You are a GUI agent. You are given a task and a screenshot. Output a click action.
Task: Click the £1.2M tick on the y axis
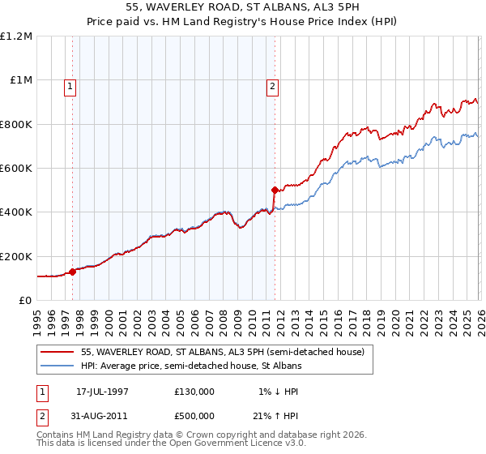(x=16, y=36)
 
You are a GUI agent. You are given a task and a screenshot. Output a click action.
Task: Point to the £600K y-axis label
(x=16, y=169)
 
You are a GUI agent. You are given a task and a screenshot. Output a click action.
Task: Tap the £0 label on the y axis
(x=24, y=301)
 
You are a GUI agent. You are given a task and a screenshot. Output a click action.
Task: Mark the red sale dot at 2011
(x=275, y=191)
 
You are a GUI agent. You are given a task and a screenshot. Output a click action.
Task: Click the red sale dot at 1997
(x=73, y=272)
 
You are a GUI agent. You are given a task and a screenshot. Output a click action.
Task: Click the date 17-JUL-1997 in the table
(x=102, y=392)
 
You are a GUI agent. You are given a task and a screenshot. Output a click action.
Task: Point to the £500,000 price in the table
(x=194, y=419)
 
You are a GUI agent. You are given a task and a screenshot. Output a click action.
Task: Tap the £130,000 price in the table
(x=194, y=392)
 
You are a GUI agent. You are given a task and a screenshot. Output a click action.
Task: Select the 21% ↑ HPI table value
(x=275, y=419)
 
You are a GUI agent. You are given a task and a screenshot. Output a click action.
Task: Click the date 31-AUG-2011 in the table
(x=102, y=419)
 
